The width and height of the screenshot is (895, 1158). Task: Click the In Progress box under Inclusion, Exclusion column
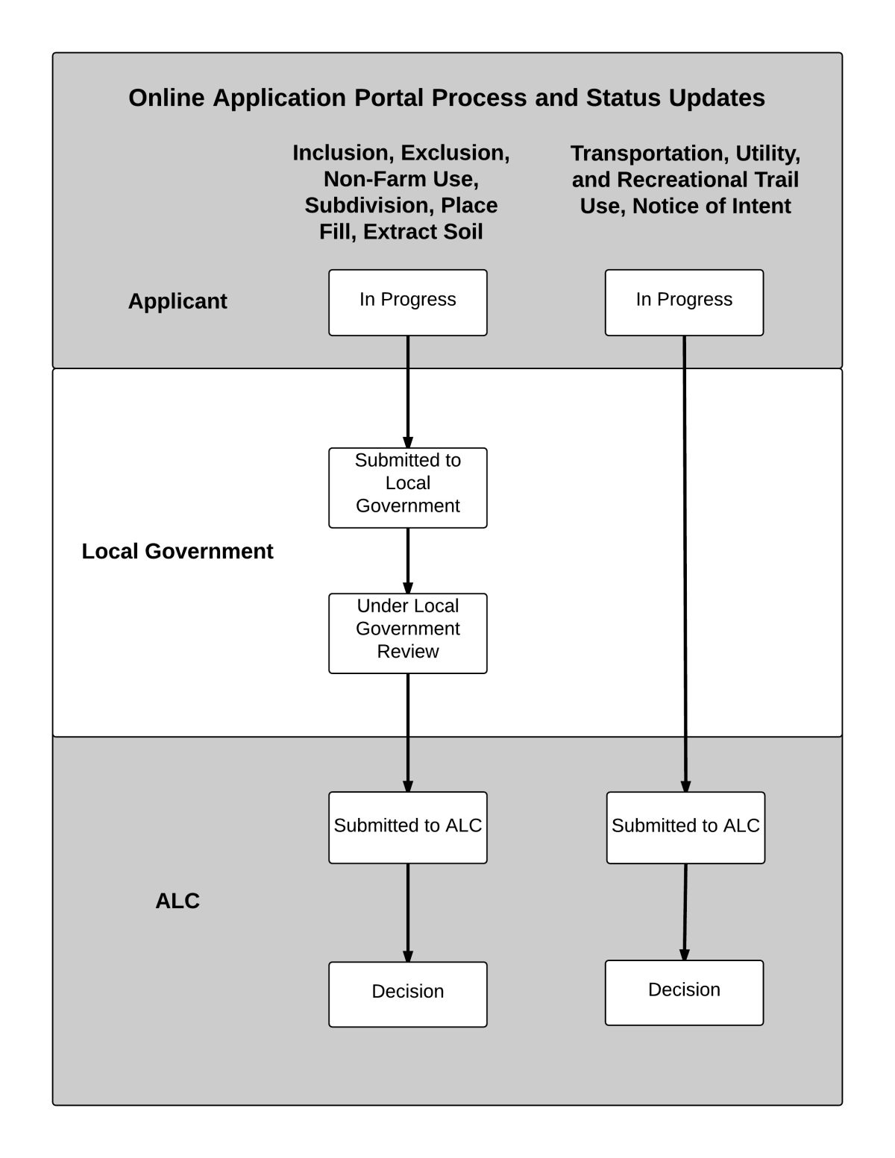click(x=408, y=303)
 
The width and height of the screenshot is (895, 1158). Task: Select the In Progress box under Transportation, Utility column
click(x=684, y=303)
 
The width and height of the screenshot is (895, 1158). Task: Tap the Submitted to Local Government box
click(x=408, y=488)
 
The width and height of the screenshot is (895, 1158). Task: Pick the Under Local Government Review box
click(x=408, y=633)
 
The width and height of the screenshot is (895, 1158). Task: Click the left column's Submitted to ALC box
click(x=408, y=827)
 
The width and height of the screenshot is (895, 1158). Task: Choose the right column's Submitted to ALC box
click(x=685, y=827)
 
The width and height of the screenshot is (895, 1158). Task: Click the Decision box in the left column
click(x=408, y=994)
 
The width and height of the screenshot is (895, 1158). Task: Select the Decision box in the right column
click(x=684, y=992)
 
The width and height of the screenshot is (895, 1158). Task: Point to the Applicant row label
click(x=178, y=301)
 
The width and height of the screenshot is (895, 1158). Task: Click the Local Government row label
click(x=178, y=551)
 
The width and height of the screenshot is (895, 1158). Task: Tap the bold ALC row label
click(x=178, y=901)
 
